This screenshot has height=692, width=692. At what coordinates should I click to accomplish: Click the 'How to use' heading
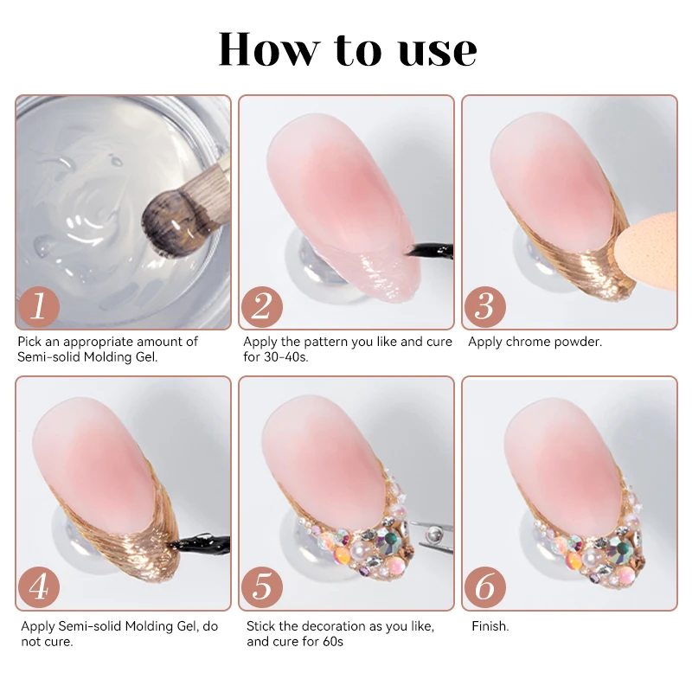point(347,49)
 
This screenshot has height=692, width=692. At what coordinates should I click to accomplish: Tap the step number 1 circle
point(39,307)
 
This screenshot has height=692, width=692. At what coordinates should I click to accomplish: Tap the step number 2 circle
point(262,307)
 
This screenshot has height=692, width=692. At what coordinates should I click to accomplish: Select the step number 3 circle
point(485,307)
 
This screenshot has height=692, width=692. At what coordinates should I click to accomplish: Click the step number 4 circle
point(39,587)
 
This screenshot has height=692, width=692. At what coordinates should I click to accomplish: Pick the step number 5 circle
point(262,587)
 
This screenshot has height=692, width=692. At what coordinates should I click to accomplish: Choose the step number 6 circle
point(485,587)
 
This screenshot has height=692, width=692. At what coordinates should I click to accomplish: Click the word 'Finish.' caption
point(490,626)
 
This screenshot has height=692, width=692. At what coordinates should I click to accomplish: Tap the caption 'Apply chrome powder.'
point(535,342)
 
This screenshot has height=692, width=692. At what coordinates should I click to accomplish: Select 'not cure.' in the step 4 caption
point(48,642)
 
